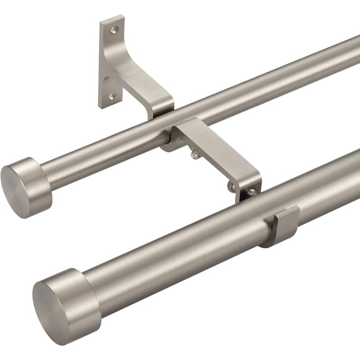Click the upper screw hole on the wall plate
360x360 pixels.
point(113,29)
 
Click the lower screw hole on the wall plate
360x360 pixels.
point(112,96)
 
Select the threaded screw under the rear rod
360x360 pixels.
point(196,154)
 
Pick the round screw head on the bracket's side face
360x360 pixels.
point(232,186)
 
